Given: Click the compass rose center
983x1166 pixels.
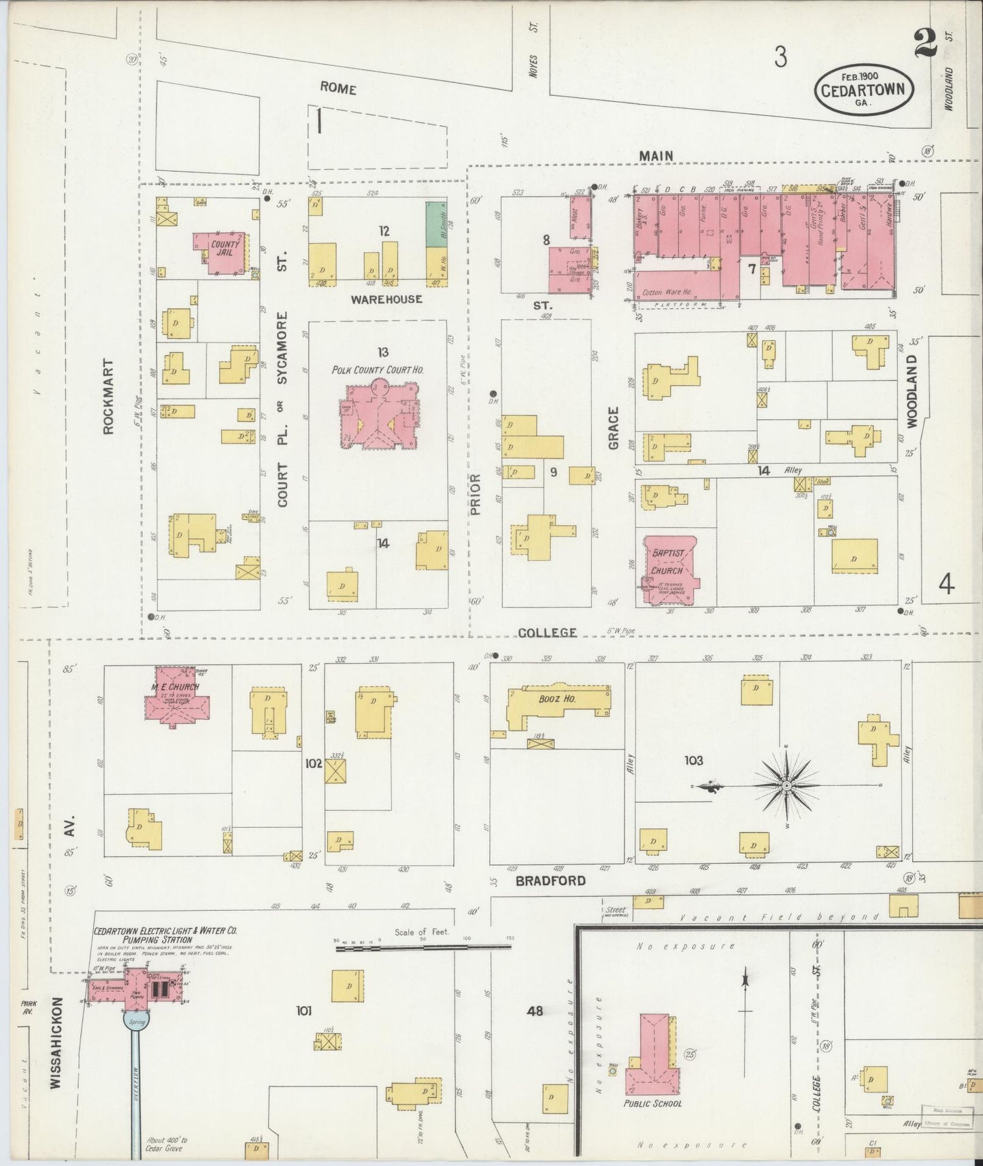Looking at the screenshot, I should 786,786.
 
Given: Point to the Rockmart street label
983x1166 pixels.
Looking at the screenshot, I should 108,396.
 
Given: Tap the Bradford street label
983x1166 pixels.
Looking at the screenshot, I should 550,881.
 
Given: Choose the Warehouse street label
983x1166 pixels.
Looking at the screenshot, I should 386,299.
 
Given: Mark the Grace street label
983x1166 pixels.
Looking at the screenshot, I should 614,428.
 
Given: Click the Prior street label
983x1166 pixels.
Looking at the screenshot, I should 475,494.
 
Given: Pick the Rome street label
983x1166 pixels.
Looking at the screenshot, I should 338,89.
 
